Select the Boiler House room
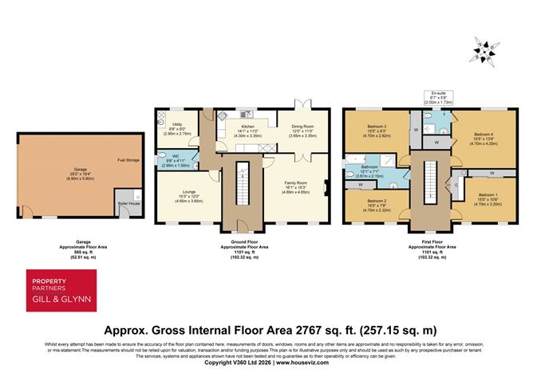tap(125, 202)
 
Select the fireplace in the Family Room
tap(326, 188)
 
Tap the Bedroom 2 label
tap(377, 202)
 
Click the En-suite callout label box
tap(440, 98)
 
